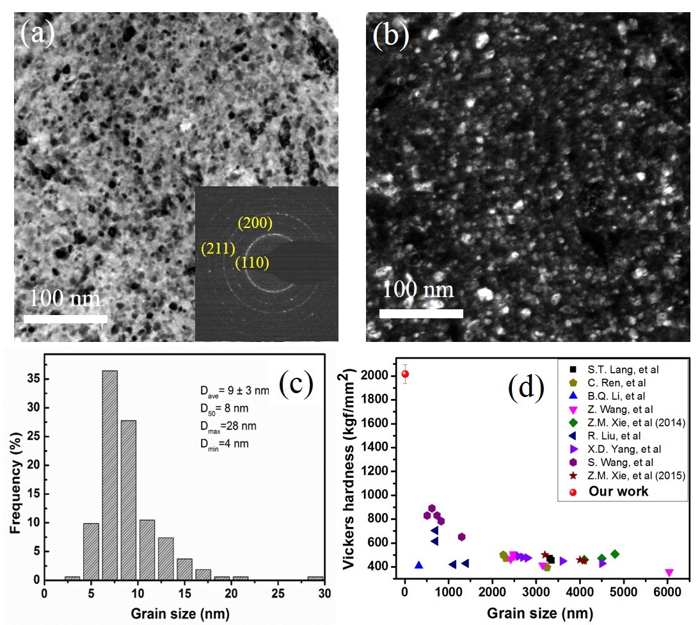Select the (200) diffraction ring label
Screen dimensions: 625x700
[x=256, y=223]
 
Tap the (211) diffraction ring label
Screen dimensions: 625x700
[x=218, y=248]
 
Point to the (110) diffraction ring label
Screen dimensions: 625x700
[x=252, y=263]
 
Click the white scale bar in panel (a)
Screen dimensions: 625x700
[x=65, y=318]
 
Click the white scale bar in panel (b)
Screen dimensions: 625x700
[x=420, y=314]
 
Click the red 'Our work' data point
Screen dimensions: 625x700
[x=404, y=374]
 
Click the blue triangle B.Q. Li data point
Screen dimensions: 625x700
[x=418, y=565]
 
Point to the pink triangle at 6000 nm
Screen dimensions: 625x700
[x=669, y=572]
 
